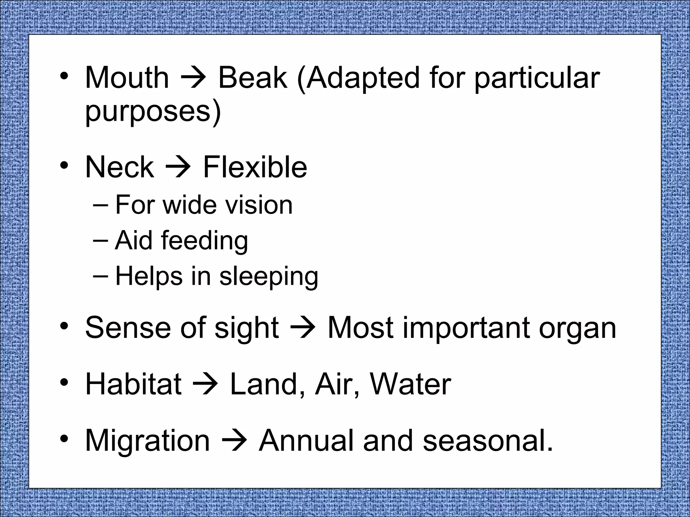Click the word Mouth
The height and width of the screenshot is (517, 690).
(127, 78)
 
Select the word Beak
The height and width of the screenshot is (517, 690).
(253, 78)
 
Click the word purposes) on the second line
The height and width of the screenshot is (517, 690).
(153, 112)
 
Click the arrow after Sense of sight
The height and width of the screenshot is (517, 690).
(303, 328)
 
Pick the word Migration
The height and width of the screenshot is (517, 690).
(148, 441)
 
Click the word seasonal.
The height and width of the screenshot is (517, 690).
(488, 441)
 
